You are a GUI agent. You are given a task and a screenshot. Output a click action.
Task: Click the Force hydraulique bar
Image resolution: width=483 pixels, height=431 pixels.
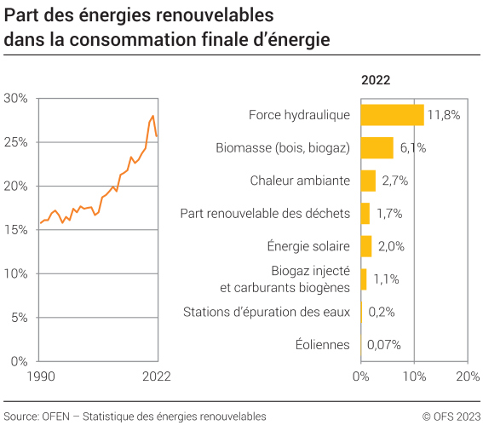(392, 114)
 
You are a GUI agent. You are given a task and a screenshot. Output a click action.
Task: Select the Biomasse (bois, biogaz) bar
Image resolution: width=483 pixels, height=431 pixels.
(377, 147)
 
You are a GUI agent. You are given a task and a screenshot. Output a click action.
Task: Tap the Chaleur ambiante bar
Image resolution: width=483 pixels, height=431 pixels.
(368, 181)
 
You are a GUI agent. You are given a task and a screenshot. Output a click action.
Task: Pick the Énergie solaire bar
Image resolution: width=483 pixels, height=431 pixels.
(366, 246)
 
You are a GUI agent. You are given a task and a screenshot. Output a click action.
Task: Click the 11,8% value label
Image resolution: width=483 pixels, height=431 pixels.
(443, 114)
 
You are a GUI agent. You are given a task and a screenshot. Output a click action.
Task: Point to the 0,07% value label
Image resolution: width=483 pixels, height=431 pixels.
(383, 345)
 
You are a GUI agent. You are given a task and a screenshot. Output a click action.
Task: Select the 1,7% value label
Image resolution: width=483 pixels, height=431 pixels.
(388, 213)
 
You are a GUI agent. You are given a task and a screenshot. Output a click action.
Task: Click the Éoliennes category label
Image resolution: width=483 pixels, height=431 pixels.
(322, 345)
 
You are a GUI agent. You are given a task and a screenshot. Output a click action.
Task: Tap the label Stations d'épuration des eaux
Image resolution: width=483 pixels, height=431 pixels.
(267, 312)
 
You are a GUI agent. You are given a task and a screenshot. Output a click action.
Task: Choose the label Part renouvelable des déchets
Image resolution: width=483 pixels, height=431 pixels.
(265, 213)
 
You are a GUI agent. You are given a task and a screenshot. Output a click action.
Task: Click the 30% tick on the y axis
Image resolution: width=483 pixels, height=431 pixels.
(15, 98)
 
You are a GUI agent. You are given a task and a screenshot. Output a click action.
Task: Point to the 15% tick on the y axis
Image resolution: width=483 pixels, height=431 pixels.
(15, 230)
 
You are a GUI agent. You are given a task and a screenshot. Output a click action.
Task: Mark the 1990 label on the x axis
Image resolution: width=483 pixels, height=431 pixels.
(40, 376)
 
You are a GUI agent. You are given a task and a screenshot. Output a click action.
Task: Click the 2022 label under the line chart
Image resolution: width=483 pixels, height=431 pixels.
(157, 376)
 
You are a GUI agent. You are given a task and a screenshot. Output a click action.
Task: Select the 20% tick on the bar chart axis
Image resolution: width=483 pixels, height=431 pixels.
(468, 376)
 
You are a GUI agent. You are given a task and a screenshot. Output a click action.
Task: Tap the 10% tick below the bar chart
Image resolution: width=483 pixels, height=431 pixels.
(414, 376)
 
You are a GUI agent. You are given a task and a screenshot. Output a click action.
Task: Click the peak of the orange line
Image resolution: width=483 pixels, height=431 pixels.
(153, 116)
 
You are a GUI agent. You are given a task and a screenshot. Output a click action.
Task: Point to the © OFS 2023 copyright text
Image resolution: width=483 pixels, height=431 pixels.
(451, 417)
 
